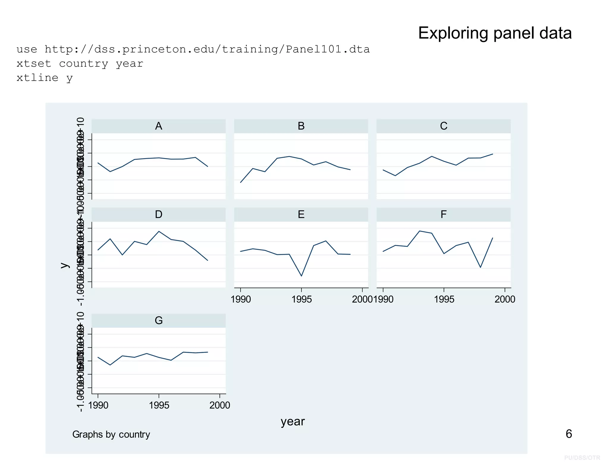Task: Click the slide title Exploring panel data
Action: tap(495, 33)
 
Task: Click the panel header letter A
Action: tap(158, 126)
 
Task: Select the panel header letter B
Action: tap(301, 126)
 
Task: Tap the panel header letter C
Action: tap(443, 126)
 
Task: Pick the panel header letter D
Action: tap(158, 215)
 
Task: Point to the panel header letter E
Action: tap(301, 215)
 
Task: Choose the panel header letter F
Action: tap(443, 215)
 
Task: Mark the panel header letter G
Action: tap(158, 321)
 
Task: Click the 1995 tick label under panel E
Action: tap(302, 299)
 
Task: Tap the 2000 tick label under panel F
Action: tap(505, 299)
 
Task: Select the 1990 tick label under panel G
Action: tap(98, 405)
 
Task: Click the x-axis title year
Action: tap(293, 422)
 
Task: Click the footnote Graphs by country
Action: tap(111, 434)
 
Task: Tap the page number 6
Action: tap(569, 434)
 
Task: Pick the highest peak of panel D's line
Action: tap(159, 231)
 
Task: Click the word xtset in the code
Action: tap(34, 64)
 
